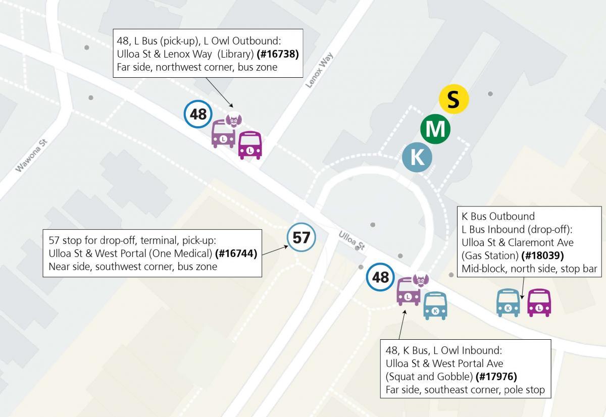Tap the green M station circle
435,129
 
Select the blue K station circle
417,157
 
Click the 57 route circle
301,237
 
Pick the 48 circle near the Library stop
198,114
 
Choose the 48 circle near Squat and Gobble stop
380,277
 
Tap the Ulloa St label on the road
351,241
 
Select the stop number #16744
236,253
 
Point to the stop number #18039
543,255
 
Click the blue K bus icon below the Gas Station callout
508,303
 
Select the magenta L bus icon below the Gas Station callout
539,303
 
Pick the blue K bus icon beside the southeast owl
435,306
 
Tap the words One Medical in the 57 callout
186,253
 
